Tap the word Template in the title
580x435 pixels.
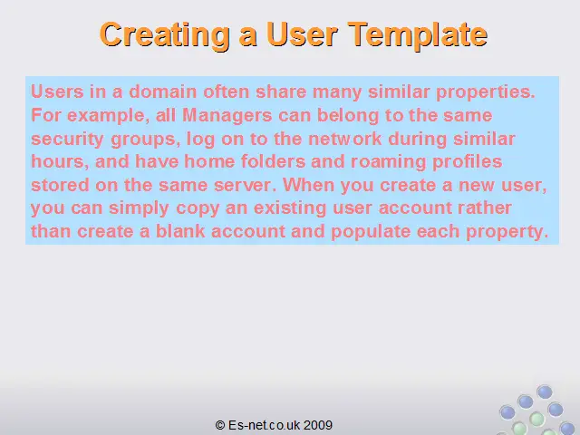(x=417, y=35)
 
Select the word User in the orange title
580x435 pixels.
(x=302, y=34)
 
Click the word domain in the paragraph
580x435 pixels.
(x=162, y=92)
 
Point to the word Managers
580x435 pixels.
(x=227, y=115)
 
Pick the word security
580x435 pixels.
(x=67, y=140)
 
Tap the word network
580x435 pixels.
(x=344, y=139)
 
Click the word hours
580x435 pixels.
(x=60, y=162)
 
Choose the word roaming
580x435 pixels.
(x=389, y=162)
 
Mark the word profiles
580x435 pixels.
(x=468, y=162)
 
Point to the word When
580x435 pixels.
(x=308, y=185)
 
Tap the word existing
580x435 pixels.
(x=290, y=208)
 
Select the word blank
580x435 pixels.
(x=180, y=231)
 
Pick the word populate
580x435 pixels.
(x=371, y=232)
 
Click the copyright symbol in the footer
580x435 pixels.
(x=220, y=425)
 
